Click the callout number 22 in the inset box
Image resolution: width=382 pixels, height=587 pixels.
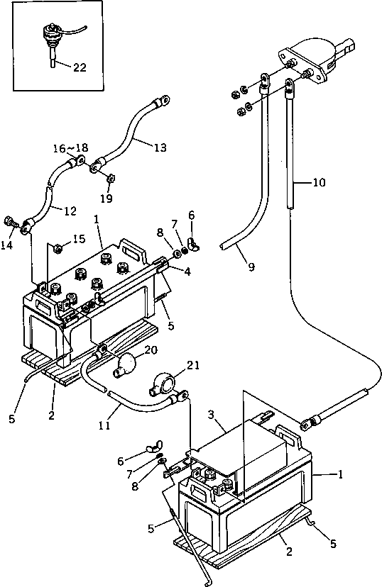pyautogui.click(x=80, y=67)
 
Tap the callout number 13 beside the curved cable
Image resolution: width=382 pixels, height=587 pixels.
pyautogui.click(x=160, y=147)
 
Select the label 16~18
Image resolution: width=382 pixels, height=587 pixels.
pyautogui.click(x=70, y=148)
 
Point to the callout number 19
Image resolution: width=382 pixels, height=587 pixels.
pyautogui.click(x=107, y=198)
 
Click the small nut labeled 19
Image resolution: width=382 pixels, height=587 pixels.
pyautogui.click(x=111, y=179)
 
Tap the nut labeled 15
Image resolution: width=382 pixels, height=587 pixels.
pyautogui.click(x=58, y=248)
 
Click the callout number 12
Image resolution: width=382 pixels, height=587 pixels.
pyautogui.click(x=70, y=211)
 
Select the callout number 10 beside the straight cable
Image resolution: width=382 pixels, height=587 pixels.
pyautogui.click(x=319, y=183)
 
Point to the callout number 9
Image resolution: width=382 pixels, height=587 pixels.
pyautogui.click(x=251, y=267)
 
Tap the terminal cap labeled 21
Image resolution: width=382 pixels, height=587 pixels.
pyautogui.click(x=163, y=384)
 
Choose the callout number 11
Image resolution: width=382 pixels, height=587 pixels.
pyautogui.click(x=104, y=425)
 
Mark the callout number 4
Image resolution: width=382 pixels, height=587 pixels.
pyautogui.click(x=187, y=272)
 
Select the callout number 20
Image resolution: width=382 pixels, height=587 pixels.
pyautogui.click(x=151, y=350)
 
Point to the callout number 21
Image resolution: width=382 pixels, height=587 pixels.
pyautogui.click(x=192, y=365)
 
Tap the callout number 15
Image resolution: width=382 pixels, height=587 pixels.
pyautogui.click(x=79, y=239)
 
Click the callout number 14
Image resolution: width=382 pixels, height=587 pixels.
pyautogui.click(x=7, y=245)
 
